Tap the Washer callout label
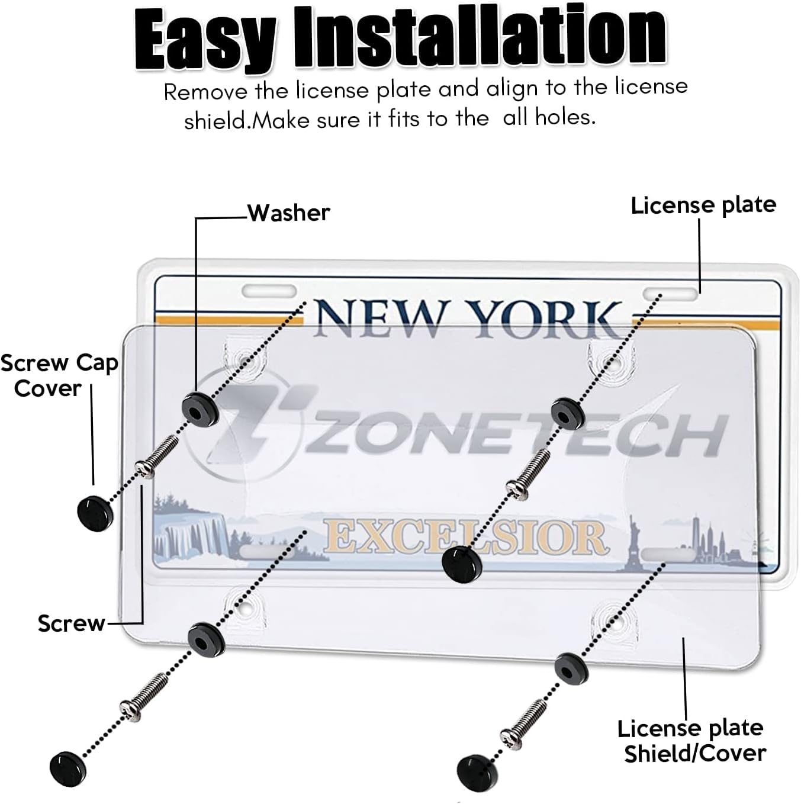pyautogui.click(x=288, y=213)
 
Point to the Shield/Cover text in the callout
pyautogui.click(x=694, y=754)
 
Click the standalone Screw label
pyautogui.click(x=70, y=623)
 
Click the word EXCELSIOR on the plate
pyautogui.click(x=465, y=536)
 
